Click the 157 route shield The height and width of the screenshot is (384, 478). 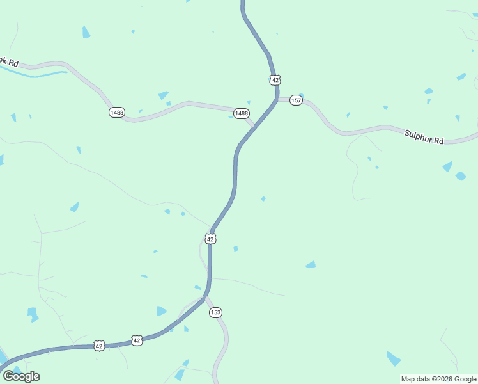pyautogui.click(x=296, y=101)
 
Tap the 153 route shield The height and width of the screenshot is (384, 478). pyautogui.click(x=215, y=312)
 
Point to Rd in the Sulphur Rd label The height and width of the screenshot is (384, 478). pyautogui.click(x=438, y=140)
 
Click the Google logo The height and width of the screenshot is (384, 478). pyautogui.click(x=21, y=376)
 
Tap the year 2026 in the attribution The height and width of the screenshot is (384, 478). pyautogui.click(x=447, y=379)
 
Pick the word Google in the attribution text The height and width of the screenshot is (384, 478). pyautogui.click(x=466, y=379)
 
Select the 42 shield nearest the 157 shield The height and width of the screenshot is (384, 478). pyautogui.click(x=275, y=80)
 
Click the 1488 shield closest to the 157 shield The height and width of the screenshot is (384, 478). pyautogui.click(x=241, y=113)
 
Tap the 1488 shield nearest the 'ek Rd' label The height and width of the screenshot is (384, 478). pyautogui.click(x=117, y=112)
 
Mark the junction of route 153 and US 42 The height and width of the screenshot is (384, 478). pyautogui.click(x=204, y=298)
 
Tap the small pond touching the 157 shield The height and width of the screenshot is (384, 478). pyautogui.click(x=300, y=97)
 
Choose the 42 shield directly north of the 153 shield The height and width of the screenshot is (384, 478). pyautogui.click(x=211, y=239)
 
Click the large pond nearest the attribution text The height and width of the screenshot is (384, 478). pyautogui.click(x=393, y=358)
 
